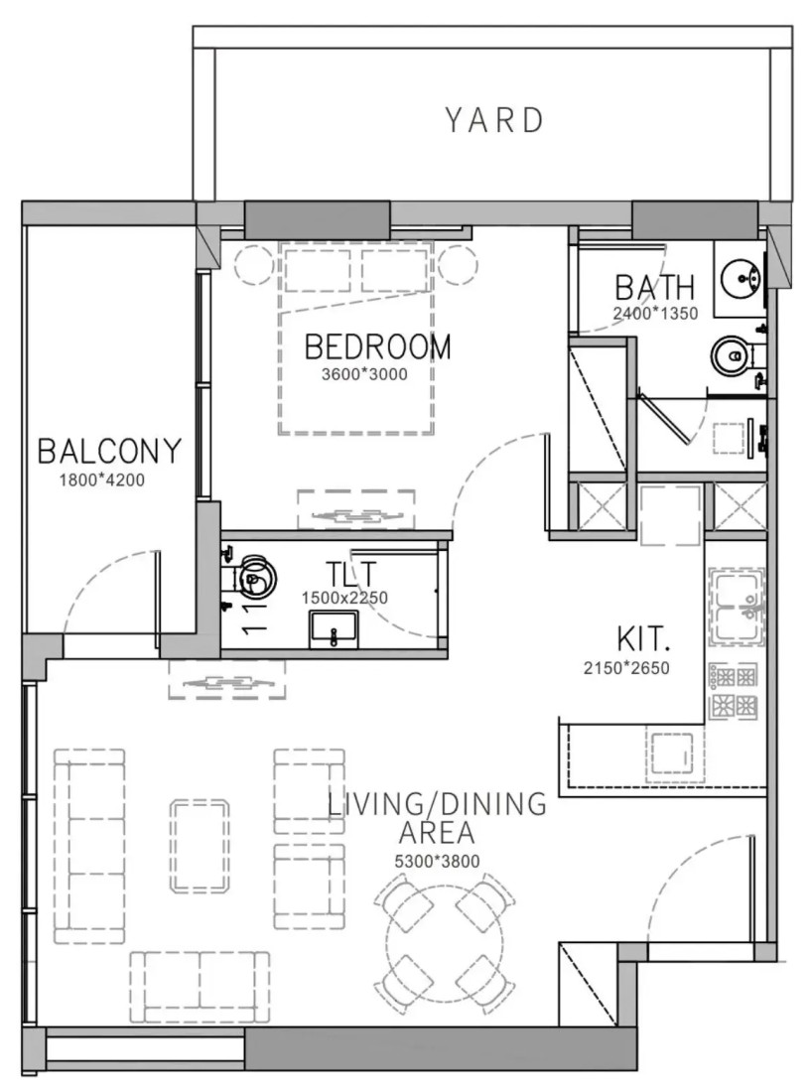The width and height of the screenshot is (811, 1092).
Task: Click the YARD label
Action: tap(494, 120)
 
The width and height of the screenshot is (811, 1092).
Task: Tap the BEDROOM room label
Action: tap(377, 346)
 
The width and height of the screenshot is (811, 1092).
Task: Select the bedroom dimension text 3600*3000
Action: tap(364, 374)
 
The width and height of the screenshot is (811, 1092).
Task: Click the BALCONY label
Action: tap(109, 452)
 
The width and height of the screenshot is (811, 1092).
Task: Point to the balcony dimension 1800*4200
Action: tap(101, 479)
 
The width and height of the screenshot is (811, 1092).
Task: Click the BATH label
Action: tap(654, 287)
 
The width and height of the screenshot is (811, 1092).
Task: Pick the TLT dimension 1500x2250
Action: tap(343, 598)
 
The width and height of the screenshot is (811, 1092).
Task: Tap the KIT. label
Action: tap(643, 638)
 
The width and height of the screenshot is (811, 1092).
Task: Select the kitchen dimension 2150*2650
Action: tap(625, 668)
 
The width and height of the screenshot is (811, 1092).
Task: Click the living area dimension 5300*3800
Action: tap(437, 861)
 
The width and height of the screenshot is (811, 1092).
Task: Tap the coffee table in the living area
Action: tap(200, 846)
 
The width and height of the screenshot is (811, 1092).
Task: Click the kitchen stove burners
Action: tap(733, 692)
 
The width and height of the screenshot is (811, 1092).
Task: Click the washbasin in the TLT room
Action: tap(334, 628)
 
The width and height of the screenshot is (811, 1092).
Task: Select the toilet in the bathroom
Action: tap(737, 355)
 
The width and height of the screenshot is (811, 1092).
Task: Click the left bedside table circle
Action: tap(255, 265)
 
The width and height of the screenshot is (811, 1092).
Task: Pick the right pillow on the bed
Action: tap(394, 270)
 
